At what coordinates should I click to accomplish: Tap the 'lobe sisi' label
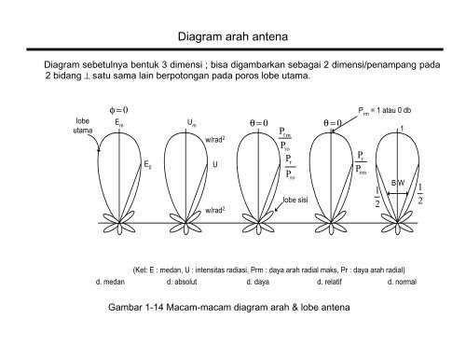[295, 200]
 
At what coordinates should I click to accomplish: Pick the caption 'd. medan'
[111, 281]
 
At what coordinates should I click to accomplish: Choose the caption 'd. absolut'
[183, 281]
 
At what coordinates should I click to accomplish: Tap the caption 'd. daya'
[257, 281]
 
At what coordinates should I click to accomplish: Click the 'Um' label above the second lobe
[191, 122]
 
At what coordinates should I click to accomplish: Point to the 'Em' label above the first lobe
[118, 122]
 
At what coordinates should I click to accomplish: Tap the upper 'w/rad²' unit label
[216, 140]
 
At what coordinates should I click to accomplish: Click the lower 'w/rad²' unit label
[216, 211]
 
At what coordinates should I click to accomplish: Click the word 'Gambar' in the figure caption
[127, 307]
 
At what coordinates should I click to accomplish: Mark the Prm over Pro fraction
[285, 140]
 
